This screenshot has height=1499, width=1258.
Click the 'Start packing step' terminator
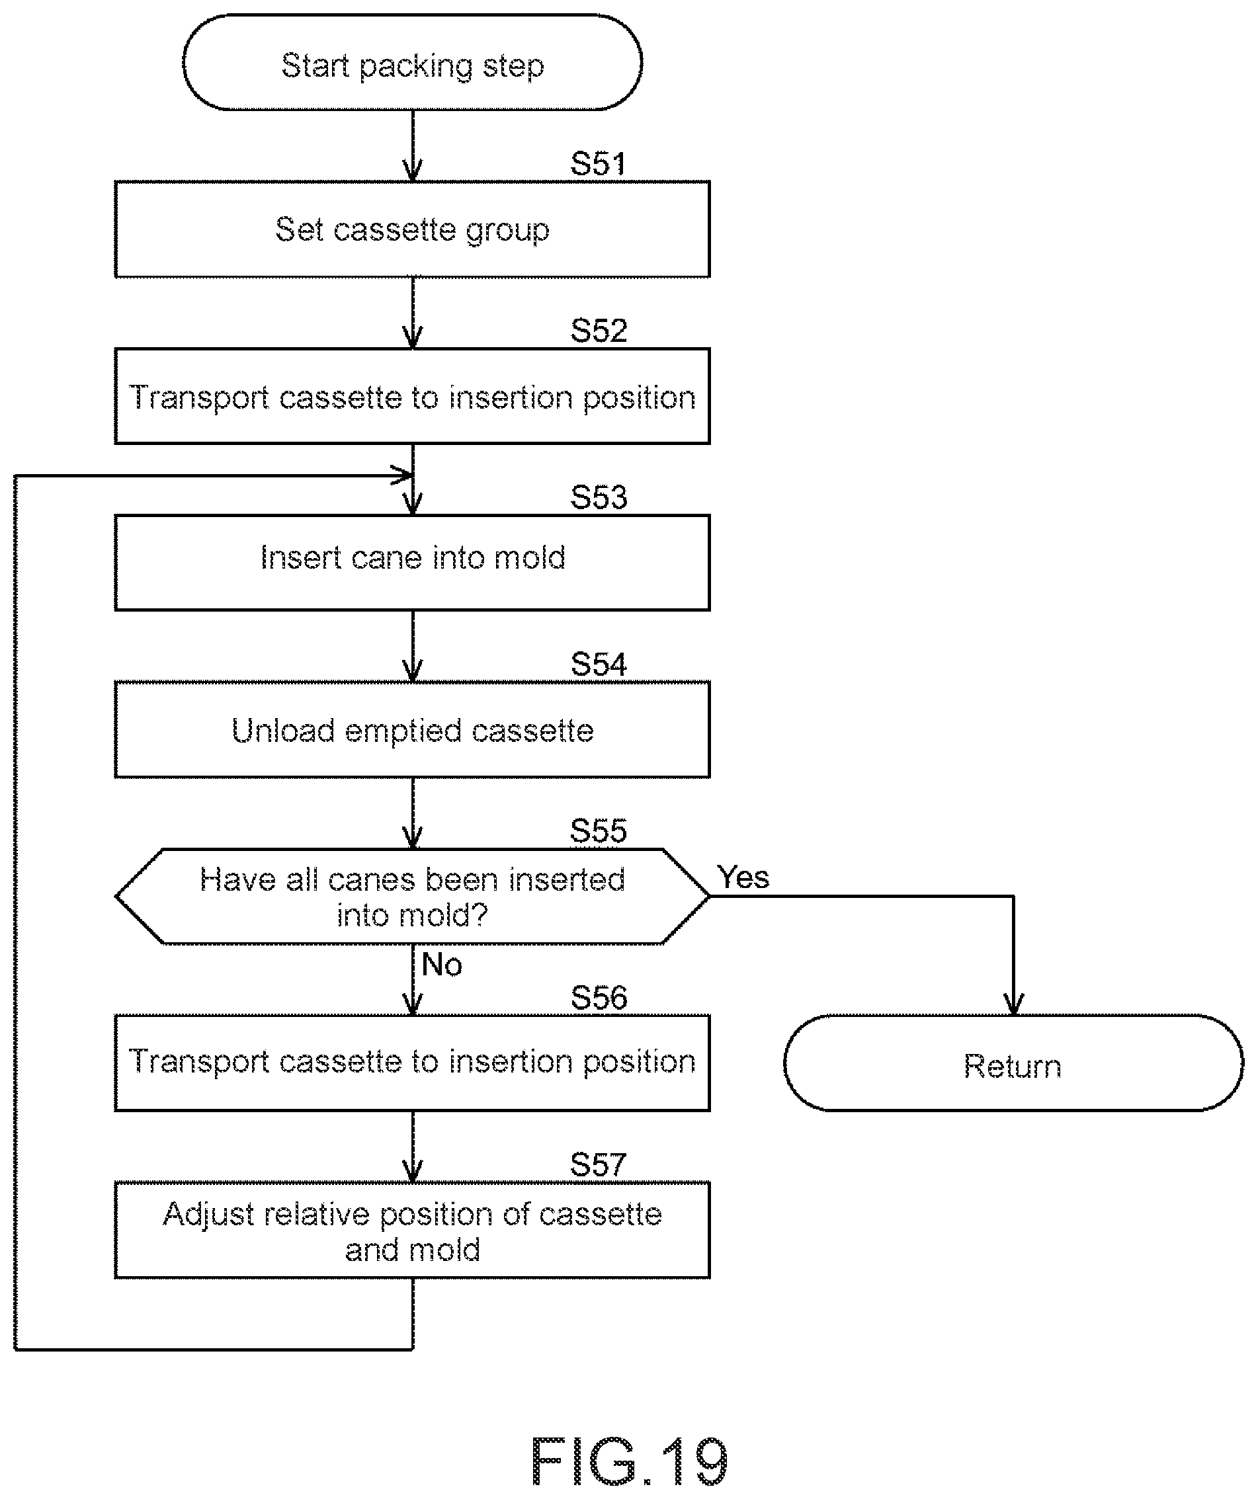(412, 63)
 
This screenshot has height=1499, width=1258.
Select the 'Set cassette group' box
(412, 229)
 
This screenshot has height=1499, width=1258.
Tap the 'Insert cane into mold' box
(412, 563)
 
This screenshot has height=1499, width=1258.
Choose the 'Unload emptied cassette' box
(412, 729)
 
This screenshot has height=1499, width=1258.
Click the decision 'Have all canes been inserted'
(412, 897)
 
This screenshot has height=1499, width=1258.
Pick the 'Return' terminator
(1013, 1063)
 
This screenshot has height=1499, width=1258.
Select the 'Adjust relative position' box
(412, 1231)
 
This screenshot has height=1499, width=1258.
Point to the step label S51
(599, 164)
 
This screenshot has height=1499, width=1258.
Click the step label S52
(599, 331)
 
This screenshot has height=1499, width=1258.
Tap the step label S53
(599, 497)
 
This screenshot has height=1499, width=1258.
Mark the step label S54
(599, 665)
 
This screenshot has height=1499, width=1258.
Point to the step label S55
(599, 832)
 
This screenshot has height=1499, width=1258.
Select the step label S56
(599, 998)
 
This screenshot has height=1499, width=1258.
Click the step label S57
(599, 1165)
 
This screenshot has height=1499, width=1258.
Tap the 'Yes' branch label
(743, 877)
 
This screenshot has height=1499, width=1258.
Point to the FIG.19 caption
(629, 1461)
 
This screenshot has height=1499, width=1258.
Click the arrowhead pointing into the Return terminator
(1013, 1005)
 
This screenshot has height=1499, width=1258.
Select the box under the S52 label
(412, 396)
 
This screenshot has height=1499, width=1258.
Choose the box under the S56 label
(412, 1063)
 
